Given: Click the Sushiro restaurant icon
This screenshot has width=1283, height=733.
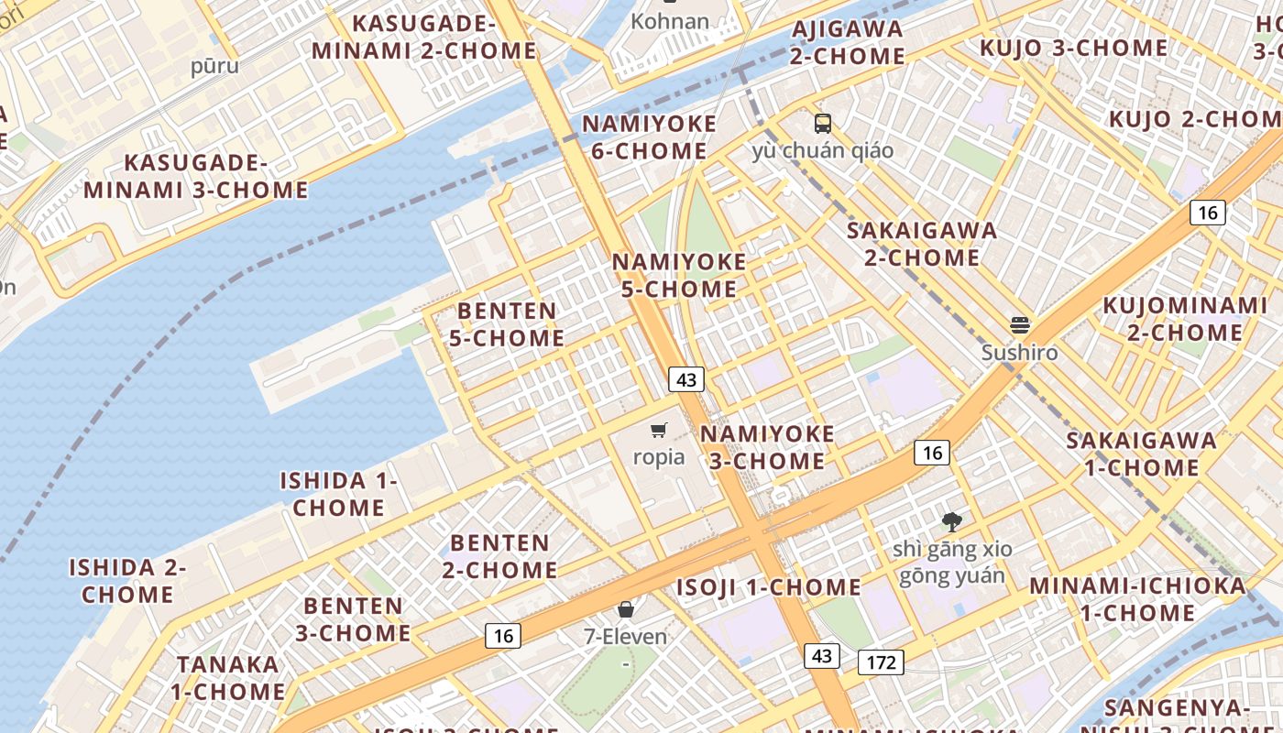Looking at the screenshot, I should (1019, 325).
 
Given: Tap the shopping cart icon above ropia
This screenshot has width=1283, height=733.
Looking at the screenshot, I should (658, 430).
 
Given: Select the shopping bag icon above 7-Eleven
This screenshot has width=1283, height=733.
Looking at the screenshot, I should (626, 609).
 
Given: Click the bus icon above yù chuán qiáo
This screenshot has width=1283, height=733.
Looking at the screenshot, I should (822, 123).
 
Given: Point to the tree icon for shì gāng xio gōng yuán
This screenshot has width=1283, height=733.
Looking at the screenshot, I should (952, 522).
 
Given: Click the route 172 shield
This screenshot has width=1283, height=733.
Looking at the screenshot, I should (881, 662).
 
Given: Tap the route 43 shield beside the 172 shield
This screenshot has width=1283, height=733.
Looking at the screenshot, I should (821, 655).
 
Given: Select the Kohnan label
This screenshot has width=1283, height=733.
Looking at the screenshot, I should (670, 21).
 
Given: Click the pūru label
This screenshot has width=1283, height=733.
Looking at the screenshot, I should (214, 66).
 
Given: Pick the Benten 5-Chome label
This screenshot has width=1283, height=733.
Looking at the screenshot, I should (507, 324).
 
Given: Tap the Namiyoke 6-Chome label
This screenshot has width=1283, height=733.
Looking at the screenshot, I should (649, 137).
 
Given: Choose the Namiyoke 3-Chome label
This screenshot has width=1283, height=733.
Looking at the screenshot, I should (767, 447).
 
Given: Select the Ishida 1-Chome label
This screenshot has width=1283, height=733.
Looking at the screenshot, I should (338, 494).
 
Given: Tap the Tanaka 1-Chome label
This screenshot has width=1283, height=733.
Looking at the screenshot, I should (228, 677).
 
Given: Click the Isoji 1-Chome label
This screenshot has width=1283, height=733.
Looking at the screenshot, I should (768, 587).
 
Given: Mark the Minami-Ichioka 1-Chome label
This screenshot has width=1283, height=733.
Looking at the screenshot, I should (1137, 598).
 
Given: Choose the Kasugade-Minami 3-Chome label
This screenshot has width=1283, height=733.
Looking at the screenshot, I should (196, 177).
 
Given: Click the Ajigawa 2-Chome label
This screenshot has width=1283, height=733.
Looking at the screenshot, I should (848, 42).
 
